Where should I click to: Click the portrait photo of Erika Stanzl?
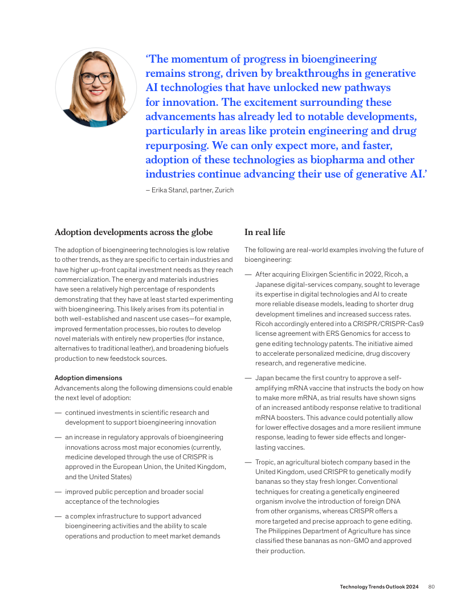(96, 88)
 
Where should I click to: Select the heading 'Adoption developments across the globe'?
(133, 232)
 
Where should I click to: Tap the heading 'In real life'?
(265, 232)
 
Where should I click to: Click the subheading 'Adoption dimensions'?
(88, 378)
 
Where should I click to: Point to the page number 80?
(431, 587)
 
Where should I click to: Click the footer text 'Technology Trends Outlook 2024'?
(380, 587)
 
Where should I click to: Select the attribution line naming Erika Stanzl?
(190, 190)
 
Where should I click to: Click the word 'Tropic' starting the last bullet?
(265, 462)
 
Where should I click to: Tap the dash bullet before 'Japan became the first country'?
(248, 378)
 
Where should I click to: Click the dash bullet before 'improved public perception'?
(58, 492)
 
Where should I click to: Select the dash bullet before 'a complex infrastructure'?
(58, 516)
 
